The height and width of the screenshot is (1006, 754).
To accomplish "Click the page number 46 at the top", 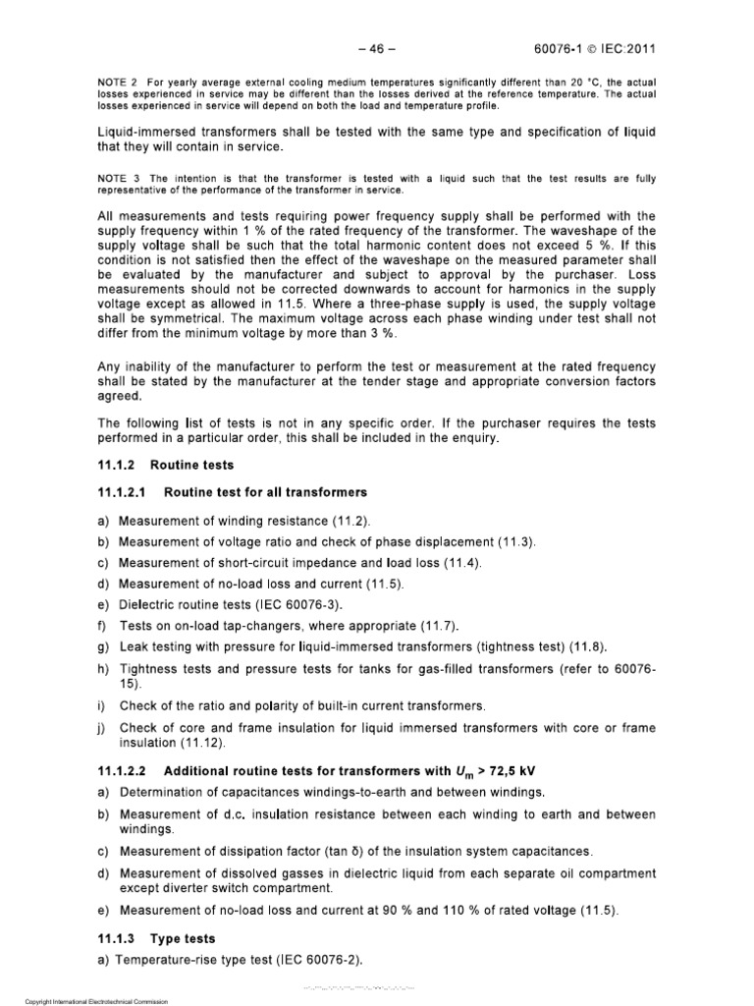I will [376, 44].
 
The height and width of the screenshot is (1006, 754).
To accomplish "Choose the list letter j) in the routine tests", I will [101, 728].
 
